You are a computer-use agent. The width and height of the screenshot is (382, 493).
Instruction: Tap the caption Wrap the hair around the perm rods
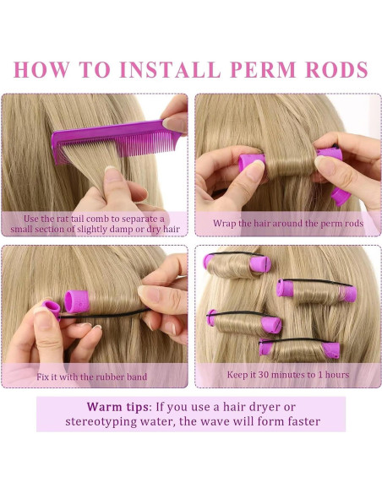coord(287,223)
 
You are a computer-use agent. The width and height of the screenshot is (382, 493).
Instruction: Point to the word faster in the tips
coord(297,422)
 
